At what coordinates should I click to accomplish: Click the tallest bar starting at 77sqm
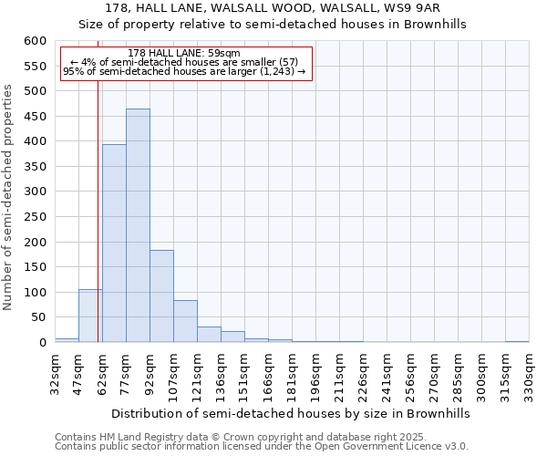pyautogui.click(x=138, y=225)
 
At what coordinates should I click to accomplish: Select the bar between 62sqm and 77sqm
pyautogui.click(x=114, y=243)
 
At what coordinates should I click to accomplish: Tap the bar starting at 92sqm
pyautogui.click(x=161, y=295)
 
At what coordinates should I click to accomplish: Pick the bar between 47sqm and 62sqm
pyautogui.click(x=90, y=316)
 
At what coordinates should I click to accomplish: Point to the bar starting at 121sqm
pyautogui.click(x=209, y=334)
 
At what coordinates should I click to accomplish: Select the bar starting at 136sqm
pyautogui.click(x=232, y=337)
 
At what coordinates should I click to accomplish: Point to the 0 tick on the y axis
pyautogui.click(x=42, y=343)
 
